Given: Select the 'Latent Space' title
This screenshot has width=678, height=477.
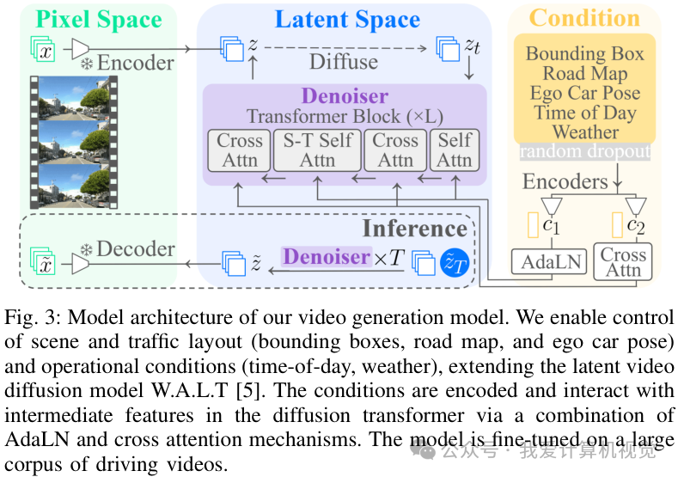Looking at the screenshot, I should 346,20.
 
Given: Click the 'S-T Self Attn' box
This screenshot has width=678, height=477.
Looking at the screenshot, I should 317,150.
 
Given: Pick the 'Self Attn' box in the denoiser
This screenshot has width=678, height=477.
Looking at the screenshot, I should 455,150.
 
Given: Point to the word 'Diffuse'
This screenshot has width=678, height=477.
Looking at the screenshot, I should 344,61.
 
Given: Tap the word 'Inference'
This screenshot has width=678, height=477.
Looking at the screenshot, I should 414,228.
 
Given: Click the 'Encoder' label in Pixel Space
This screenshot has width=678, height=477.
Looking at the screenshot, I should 135,62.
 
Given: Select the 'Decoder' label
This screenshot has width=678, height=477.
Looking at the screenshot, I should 135,249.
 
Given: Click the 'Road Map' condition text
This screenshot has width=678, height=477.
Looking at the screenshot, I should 585,73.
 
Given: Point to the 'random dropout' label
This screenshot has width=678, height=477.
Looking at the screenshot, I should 584,151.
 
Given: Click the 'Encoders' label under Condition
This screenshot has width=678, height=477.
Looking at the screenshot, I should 565,181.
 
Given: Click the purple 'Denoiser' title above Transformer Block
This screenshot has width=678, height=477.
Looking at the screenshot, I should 345,96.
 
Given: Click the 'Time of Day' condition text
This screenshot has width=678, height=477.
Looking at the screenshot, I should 585,112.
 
